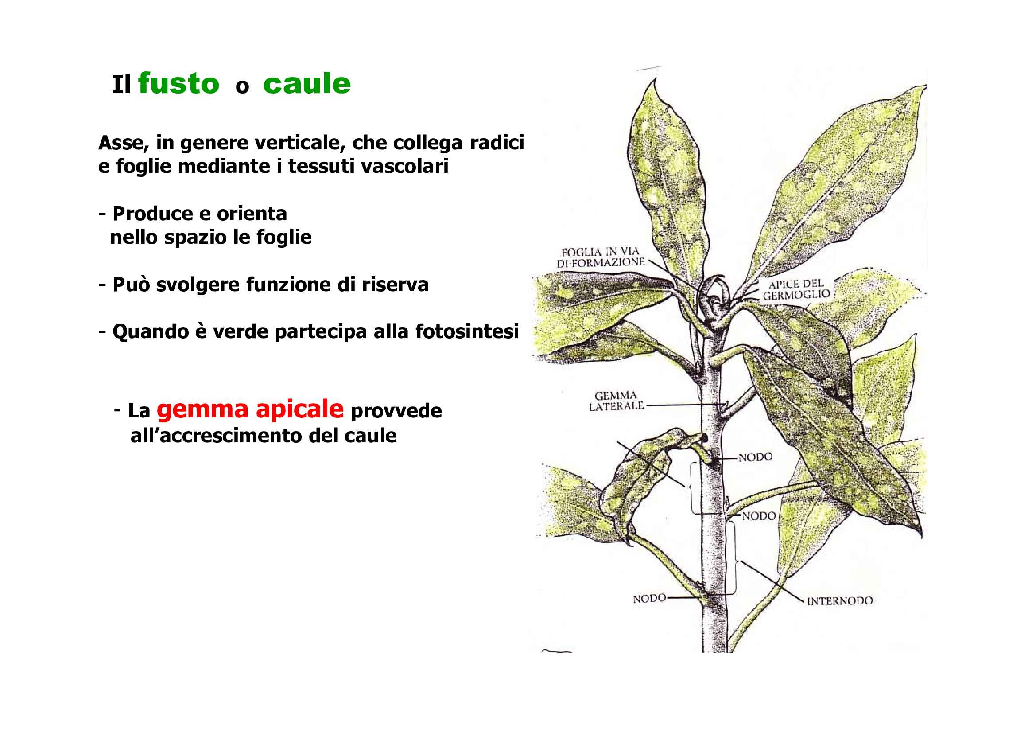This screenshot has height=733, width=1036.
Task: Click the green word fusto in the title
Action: (178, 84)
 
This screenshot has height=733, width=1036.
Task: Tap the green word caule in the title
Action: (307, 84)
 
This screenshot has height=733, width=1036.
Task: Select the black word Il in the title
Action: (121, 85)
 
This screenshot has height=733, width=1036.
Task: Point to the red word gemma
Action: (202, 409)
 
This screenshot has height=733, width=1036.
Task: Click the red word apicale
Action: (299, 409)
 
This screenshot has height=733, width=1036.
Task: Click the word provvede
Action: (396, 411)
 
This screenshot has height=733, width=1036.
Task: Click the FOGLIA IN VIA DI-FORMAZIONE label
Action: (600, 257)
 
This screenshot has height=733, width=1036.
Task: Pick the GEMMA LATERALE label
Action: (616, 401)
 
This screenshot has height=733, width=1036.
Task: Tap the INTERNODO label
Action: (840, 601)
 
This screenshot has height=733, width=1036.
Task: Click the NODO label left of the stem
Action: (649, 598)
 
